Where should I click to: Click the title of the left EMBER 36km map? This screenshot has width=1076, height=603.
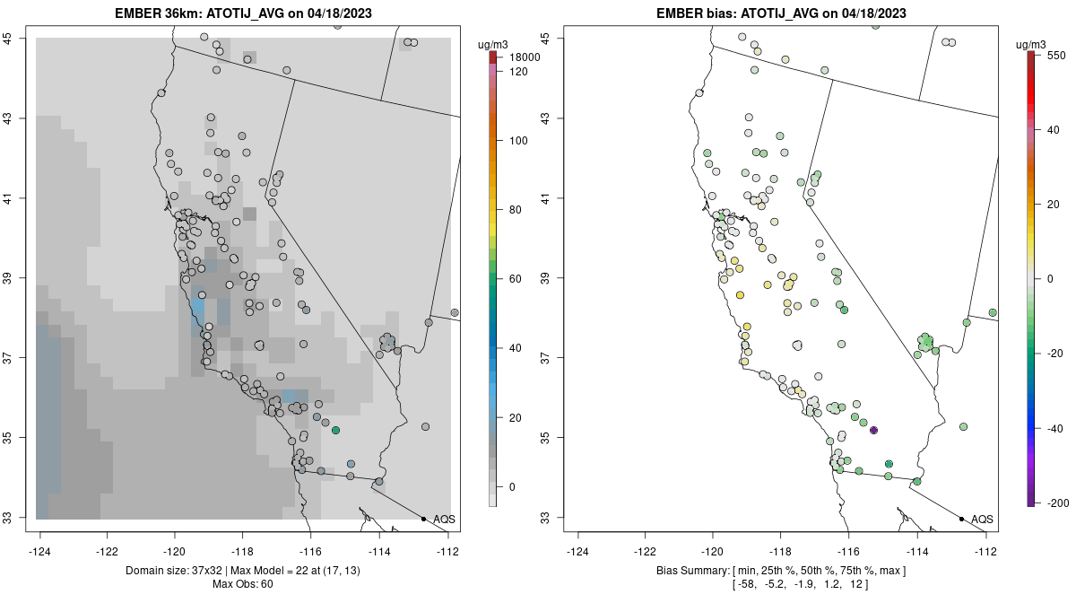(244, 13)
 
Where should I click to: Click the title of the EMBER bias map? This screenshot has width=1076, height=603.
(782, 13)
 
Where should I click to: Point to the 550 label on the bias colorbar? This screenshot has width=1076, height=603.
(1054, 55)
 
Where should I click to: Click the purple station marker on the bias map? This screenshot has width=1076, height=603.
(873, 431)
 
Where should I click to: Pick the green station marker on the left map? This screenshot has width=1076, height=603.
(335, 431)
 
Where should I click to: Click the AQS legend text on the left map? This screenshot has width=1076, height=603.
(444, 520)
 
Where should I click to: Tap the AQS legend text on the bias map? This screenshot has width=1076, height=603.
(982, 520)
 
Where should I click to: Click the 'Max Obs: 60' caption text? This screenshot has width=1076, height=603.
(243, 585)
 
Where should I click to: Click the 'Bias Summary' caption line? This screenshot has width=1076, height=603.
(781, 571)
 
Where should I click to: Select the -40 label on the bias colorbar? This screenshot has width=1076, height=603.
(1055, 428)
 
